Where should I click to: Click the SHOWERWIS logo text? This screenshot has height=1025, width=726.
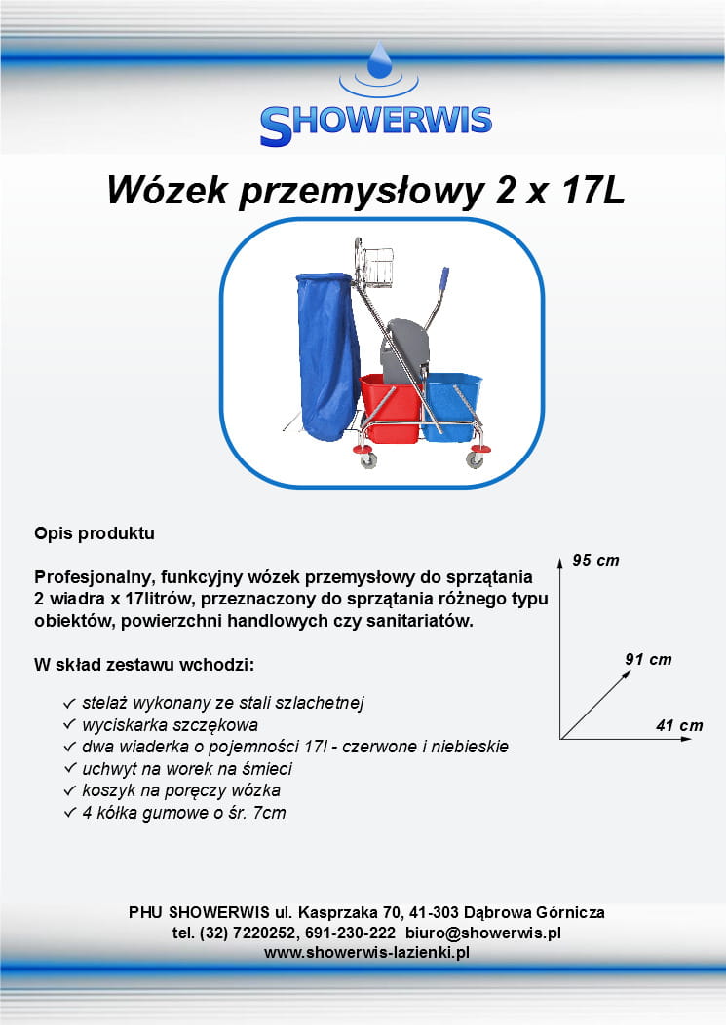tap(376, 125)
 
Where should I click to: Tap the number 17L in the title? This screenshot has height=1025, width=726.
tap(592, 190)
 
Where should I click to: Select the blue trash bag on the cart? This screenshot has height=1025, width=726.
tap(327, 355)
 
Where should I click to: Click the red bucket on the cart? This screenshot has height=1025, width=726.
tap(391, 407)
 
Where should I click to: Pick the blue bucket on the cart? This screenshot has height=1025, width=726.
tap(452, 405)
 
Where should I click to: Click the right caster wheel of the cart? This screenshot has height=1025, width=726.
tap(474, 459)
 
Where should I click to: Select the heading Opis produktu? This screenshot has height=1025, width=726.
tap(95, 533)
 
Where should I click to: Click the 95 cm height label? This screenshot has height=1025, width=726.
tap(595, 561)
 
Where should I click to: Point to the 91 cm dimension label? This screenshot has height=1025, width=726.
tap(648, 659)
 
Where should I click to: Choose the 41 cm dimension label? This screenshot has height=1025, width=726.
tap(679, 725)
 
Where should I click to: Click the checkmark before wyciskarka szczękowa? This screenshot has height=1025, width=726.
tap(70, 725)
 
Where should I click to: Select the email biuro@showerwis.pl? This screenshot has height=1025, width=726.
tap(483, 933)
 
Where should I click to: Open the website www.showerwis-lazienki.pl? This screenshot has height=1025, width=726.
tap(366, 952)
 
